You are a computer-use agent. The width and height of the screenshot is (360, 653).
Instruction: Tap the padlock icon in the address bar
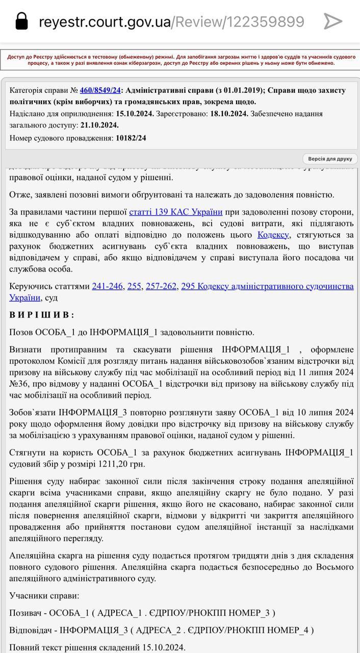tap(21, 21)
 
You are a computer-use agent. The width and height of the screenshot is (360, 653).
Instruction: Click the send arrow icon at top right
tap(332, 21)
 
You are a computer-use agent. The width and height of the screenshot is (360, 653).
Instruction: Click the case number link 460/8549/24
tap(100, 90)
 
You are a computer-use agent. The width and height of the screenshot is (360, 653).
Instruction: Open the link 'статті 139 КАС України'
tap(175, 212)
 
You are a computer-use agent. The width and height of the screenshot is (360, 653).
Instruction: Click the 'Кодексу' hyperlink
tap(273, 235)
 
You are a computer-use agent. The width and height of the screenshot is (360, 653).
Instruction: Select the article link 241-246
tap(107, 286)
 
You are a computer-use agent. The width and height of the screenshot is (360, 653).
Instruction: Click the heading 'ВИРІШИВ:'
tap(42, 315)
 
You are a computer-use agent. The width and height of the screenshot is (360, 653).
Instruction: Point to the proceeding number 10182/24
tap(131, 138)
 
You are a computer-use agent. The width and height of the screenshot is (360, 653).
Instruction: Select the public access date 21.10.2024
tap(99, 125)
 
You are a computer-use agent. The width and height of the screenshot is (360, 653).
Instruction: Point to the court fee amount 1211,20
tap(116, 464)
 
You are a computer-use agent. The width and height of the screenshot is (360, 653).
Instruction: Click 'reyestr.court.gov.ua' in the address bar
tap(105, 22)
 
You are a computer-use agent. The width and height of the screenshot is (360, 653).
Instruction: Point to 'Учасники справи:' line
tap(44, 595)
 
